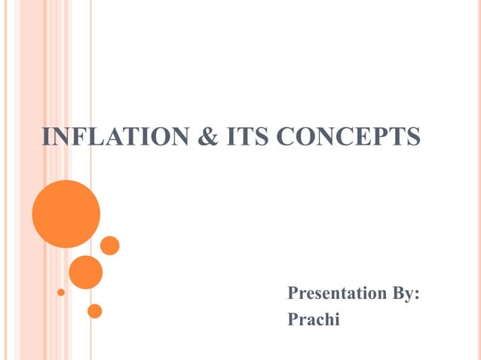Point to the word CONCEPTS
[x=348, y=136]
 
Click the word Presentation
[x=336, y=294]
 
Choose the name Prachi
[x=314, y=319]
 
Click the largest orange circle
[x=66, y=214]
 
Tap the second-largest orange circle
[x=86, y=272]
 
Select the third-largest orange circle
[x=110, y=246]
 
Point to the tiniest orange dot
[x=61, y=291]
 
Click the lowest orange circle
[x=94, y=310]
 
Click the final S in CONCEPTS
[x=412, y=136]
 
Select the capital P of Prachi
[x=294, y=319]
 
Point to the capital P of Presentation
[x=294, y=294]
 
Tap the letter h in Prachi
[x=328, y=319]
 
